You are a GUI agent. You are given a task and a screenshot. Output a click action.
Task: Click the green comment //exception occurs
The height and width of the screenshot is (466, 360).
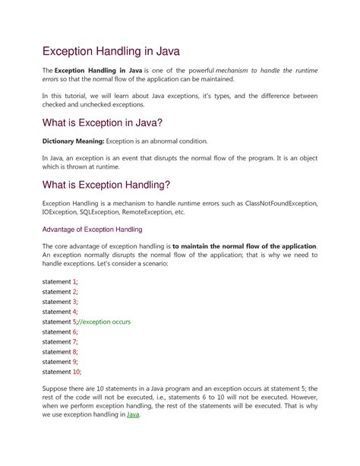[103, 322]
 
